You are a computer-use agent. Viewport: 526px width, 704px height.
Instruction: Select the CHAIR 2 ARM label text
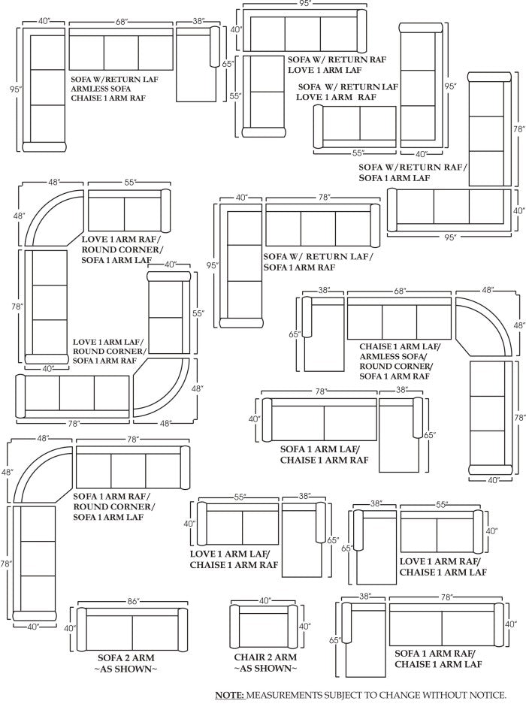[265, 657]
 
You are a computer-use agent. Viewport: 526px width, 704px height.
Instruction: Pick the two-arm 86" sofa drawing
[131, 627]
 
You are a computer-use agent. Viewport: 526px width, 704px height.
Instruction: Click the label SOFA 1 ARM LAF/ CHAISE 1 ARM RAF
[324, 455]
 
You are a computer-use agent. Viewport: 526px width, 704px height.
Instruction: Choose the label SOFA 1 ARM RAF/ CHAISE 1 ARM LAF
[437, 659]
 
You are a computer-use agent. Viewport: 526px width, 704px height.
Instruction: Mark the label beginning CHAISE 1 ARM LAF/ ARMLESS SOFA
[399, 360]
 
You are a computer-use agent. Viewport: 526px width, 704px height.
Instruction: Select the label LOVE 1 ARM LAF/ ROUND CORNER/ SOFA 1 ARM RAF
[109, 351]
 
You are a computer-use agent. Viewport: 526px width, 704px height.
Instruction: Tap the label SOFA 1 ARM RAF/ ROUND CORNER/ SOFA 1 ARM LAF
[113, 506]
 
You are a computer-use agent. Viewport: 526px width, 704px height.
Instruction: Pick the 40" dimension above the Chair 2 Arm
[265, 601]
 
